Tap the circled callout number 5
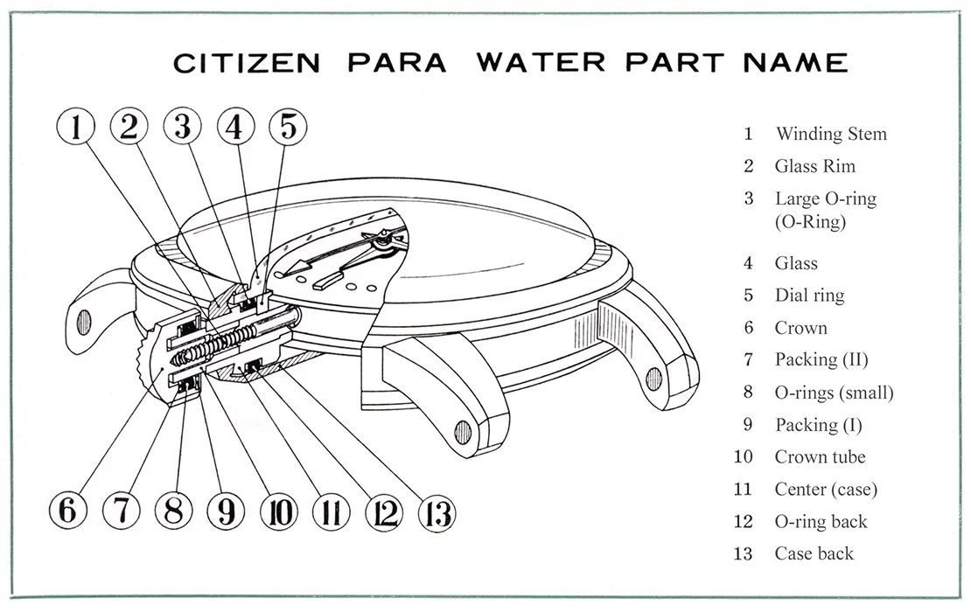point(288,126)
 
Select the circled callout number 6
point(67,511)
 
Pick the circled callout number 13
point(437,513)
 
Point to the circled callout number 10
point(279,511)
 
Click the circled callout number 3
point(182,126)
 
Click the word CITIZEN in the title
point(247,63)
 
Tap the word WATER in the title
point(541,63)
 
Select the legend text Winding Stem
point(831,134)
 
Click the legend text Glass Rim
point(815,166)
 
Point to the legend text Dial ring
point(809,296)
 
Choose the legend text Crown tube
point(820,456)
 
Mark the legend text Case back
point(814,553)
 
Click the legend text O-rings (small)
point(835,393)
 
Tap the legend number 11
point(743,489)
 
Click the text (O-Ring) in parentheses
point(810,221)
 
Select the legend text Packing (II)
point(821,359)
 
